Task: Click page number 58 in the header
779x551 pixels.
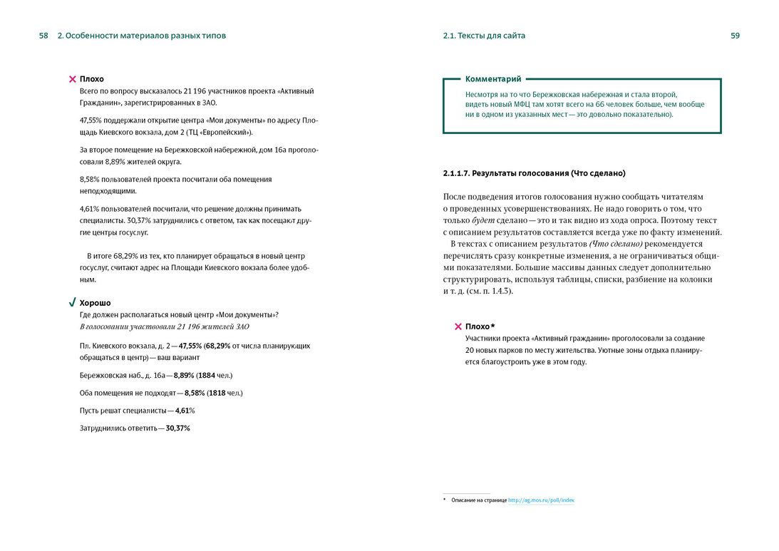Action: tap(43, 36)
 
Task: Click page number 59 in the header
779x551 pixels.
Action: tap(735, 36)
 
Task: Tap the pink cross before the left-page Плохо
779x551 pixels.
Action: tap(72, 79)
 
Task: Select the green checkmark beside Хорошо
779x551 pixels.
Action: tap(72, 303)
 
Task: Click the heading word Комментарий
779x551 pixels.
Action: tap(493, 79)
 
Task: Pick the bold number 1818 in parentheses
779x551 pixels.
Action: tap(218, 393)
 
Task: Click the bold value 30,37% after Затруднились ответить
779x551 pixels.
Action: tap(178, 428)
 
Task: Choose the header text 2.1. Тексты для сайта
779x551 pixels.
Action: tap(484, 36)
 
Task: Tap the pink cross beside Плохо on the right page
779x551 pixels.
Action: tap(458, 326)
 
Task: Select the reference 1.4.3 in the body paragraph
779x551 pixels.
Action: tap(502, 291)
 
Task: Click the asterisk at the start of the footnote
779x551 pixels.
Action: tap(445, 500)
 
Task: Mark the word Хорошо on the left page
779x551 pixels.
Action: tap(95, 303)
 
